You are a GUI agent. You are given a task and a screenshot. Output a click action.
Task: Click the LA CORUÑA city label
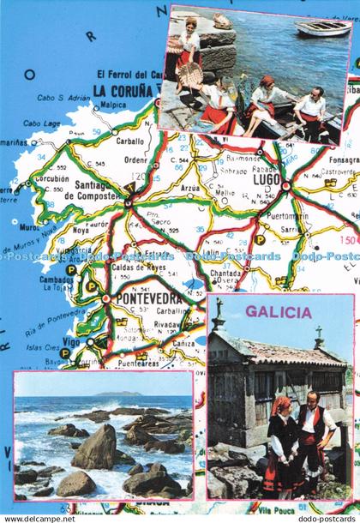point(128,88)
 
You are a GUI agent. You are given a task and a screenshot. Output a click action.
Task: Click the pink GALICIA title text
point(278,313)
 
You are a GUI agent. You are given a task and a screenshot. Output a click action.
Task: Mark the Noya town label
point(80,230)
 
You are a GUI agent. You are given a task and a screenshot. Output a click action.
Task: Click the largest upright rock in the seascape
point(94,448)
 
